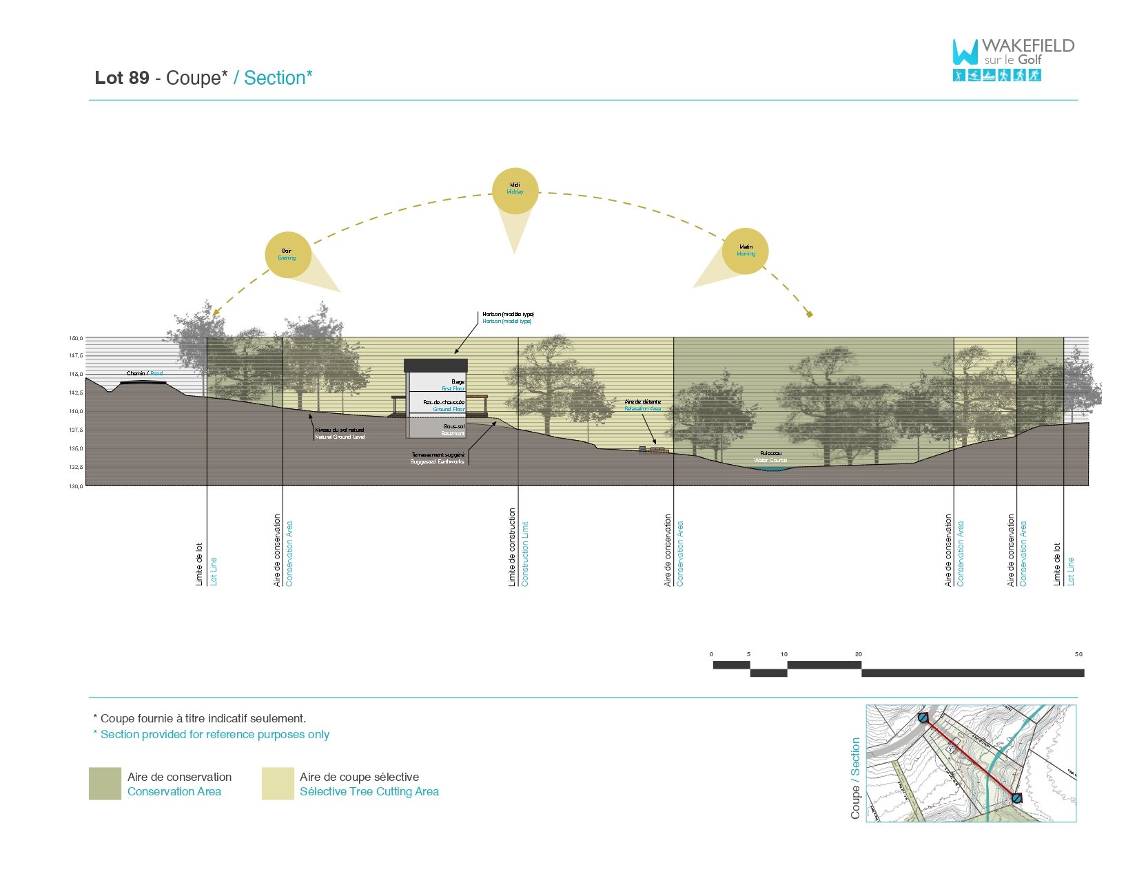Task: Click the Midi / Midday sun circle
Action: [x=515, y=191]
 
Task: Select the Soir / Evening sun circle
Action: [x=288, y=255]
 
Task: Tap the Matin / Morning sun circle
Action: [x=746, y=251]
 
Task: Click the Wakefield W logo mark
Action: [x=965, y=52]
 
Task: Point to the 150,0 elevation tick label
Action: [x=76, y=338]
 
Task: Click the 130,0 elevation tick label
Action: [x=76, y=486]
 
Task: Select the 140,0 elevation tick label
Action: [x=76, y=411]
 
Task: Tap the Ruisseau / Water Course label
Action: [x=770, y=457]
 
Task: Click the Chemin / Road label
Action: [x=145, y=373]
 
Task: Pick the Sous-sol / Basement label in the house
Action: [x=453, y=430]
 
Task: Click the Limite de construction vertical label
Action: [x=512, y=547]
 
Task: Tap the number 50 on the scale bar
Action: [x=1078, y=654]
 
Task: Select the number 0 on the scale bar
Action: [x=712, y=654]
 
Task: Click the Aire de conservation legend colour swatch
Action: [x=105, y=784]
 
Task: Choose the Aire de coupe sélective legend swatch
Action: [x=278, y=784]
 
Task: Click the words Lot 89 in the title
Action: [x=122, y=78]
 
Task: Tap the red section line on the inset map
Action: [x=970, y=757]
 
